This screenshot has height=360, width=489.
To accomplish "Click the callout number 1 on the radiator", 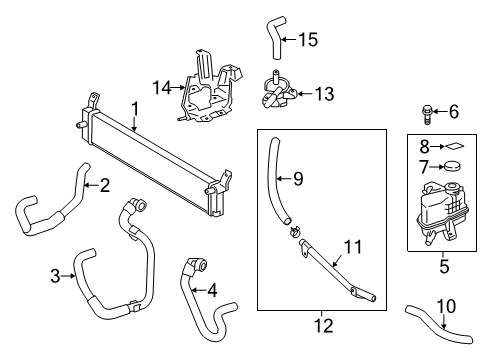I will (x=134, y=107).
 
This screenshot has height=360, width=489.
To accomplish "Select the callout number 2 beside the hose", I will (x=103, y=184).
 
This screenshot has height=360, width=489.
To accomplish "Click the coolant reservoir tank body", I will (x=445, y=214).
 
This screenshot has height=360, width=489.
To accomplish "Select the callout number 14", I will (x=156, y=87).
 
